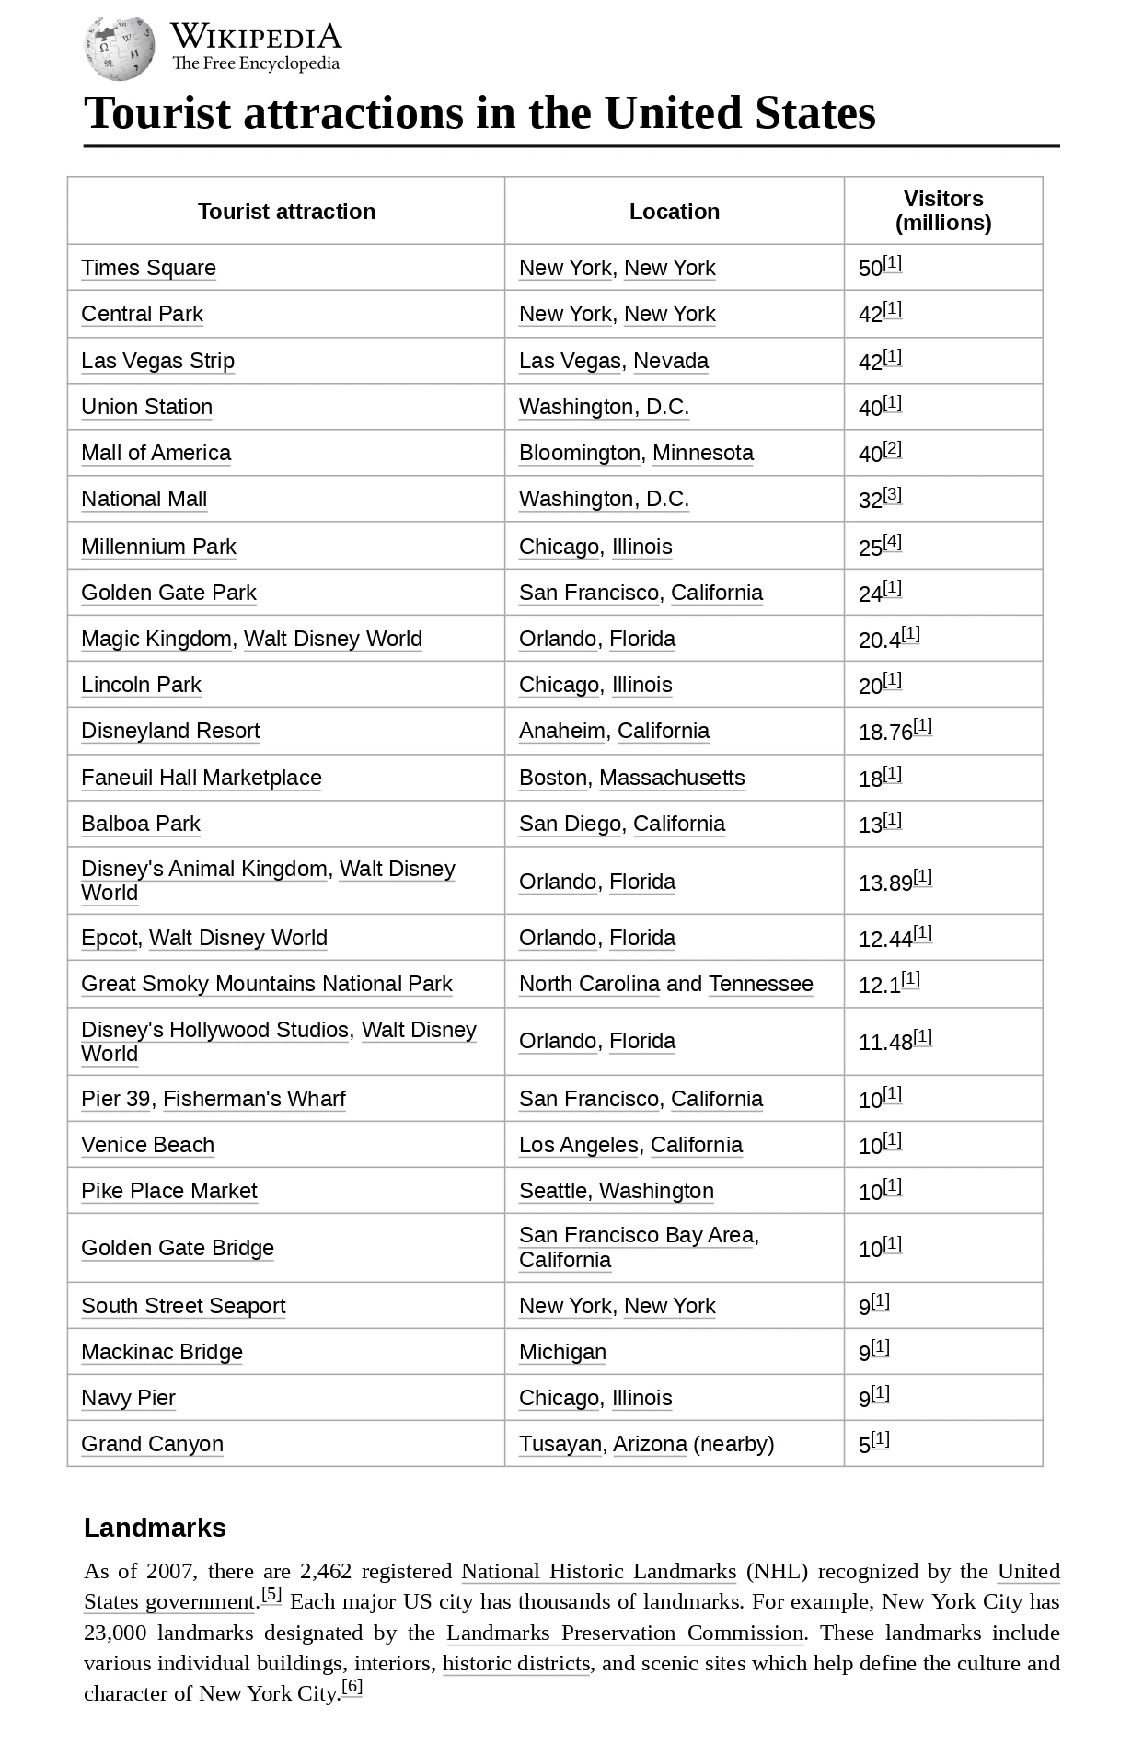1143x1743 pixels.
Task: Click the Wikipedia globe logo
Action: [120, 48]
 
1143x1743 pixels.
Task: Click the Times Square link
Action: [148, 268]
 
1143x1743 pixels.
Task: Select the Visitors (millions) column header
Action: [943, 211]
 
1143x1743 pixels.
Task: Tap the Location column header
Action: [674, 212]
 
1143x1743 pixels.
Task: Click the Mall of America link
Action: [156, 453]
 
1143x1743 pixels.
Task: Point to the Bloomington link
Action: [579, 453]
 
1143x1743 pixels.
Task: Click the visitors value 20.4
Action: [879, 641]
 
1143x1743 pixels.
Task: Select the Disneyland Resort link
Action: [170, 731]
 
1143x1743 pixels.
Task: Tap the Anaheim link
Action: [561, 731]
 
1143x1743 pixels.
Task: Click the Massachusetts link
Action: [672, 778]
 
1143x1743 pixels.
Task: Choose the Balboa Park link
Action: [141, 824]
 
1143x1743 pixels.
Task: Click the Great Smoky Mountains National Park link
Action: [267, 984]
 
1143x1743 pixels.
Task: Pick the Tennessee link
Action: [760, 984]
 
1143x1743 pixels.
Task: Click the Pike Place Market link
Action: [169, 1191]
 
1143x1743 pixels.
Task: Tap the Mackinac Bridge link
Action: [162, 1352]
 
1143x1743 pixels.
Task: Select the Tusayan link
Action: [560, 1444]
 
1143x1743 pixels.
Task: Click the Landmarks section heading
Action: [155, 1528]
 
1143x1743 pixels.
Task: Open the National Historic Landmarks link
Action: [598, 1571]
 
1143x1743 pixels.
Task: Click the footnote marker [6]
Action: [352, 1686]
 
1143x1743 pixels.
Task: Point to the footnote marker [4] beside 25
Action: [893, 542]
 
